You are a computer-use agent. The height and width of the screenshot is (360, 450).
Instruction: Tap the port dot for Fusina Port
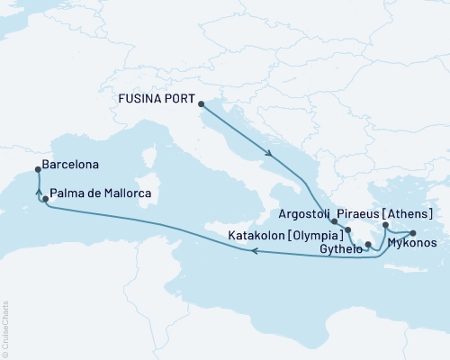(200, 103)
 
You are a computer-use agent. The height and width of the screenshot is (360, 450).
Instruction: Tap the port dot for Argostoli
(334, 220)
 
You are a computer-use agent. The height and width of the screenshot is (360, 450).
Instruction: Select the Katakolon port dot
(347, 231)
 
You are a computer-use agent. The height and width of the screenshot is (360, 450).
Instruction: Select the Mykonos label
(416, 243)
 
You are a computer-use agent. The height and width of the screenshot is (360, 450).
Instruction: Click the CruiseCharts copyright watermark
(5, 328)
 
